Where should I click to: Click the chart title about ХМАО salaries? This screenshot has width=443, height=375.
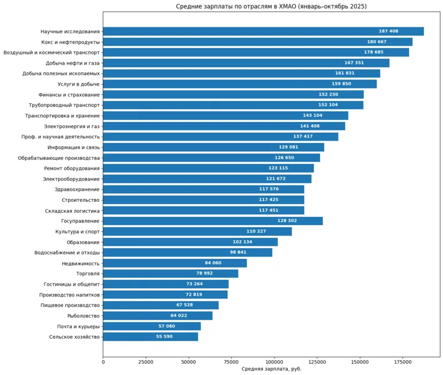pos(272,6)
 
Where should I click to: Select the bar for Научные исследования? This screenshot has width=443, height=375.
pos(263,31)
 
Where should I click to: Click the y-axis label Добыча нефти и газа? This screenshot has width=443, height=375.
pos(73,63)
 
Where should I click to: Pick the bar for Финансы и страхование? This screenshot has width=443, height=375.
pos(233,94)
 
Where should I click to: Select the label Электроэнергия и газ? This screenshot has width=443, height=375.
pos(72,126)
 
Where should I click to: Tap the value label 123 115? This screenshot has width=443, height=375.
pos(278,169)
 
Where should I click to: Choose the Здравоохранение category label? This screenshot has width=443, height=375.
pos(77,190)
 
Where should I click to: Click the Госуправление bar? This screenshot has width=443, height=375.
pos(213,221)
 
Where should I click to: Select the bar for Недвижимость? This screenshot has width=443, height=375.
pos(175,263)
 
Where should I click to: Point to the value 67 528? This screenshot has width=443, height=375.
pos(188,305)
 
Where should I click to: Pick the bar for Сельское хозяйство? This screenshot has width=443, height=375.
pos(150,337)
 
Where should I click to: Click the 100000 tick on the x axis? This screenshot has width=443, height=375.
pos(274,362)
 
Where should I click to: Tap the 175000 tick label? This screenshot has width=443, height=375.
pos(403,362)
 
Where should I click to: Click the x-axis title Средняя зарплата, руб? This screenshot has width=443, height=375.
pos(271,369)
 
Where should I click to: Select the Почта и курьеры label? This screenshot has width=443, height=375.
pos(78,326)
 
